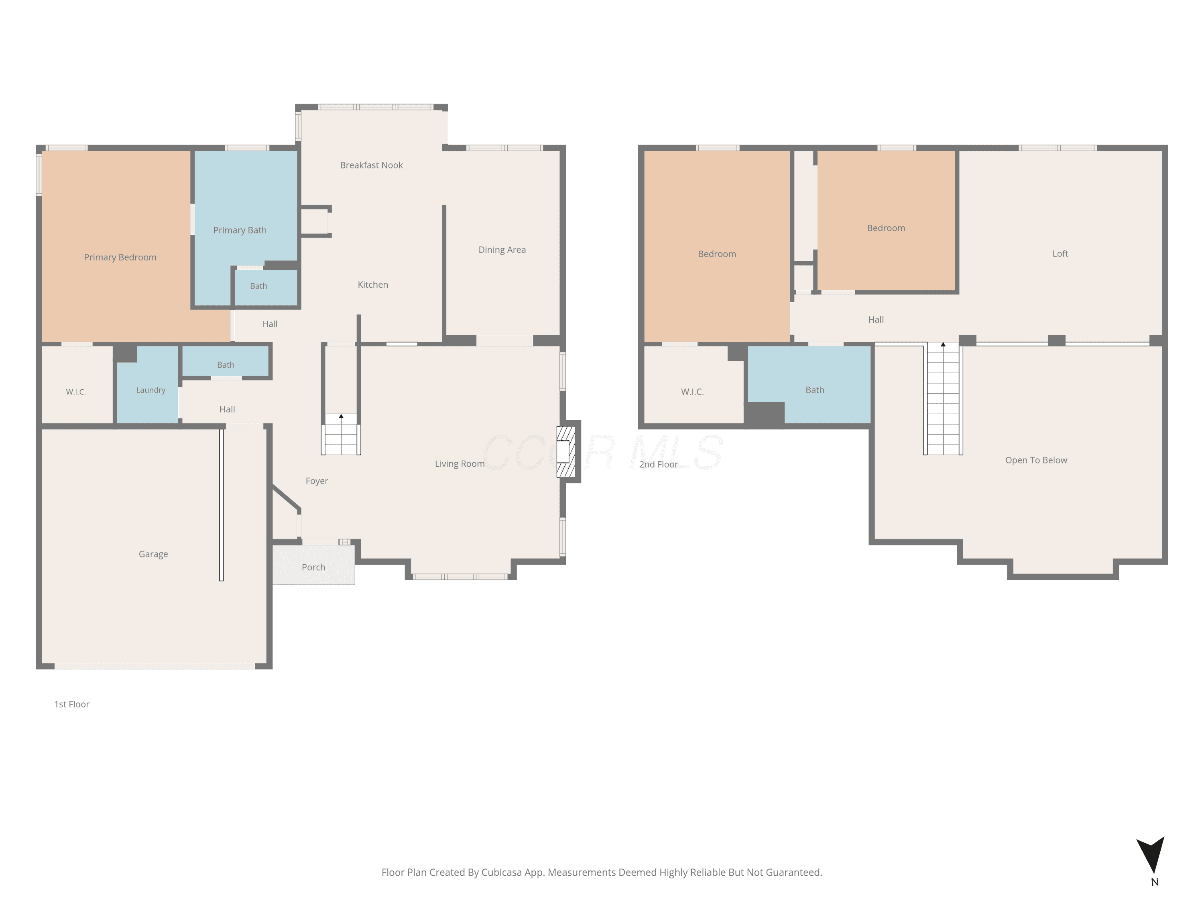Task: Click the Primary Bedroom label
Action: [120, 258]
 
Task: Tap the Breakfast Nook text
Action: [371, 165]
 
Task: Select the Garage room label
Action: [153, 554]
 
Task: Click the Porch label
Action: [313, 567]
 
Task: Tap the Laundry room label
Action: [151, 390]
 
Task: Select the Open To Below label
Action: [1036, 460]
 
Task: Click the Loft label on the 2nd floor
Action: [1060, 254]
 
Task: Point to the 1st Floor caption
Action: [72, 704]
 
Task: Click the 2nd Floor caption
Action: [659, 464]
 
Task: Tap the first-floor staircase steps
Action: [341, 434]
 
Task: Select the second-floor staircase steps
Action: [943, 399]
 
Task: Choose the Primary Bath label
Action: [240, 230]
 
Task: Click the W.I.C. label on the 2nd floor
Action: [692, 392]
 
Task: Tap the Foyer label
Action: [317, 481]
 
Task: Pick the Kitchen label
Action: [373, 285]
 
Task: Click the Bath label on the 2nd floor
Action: [815, 390]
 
